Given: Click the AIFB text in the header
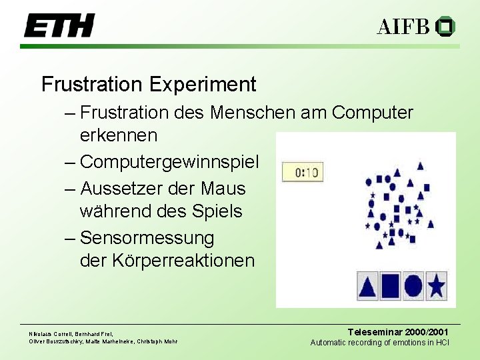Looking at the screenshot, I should click(403, 27).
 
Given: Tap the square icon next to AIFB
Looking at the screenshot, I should click(445, 27).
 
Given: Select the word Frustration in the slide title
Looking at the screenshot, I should click(92, 85).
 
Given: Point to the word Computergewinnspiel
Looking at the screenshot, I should click(170, 162).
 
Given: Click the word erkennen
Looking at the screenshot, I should click(119, 135).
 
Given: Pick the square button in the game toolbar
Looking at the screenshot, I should click(391, 285).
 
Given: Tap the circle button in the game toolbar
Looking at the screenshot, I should click(413, 285).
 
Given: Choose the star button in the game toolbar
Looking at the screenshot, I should click(436, 285).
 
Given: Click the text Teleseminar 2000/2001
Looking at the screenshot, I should click(398, 332).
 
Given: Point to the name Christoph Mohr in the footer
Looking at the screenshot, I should click(157, 341).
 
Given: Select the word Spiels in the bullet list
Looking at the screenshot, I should click(223, 212).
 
